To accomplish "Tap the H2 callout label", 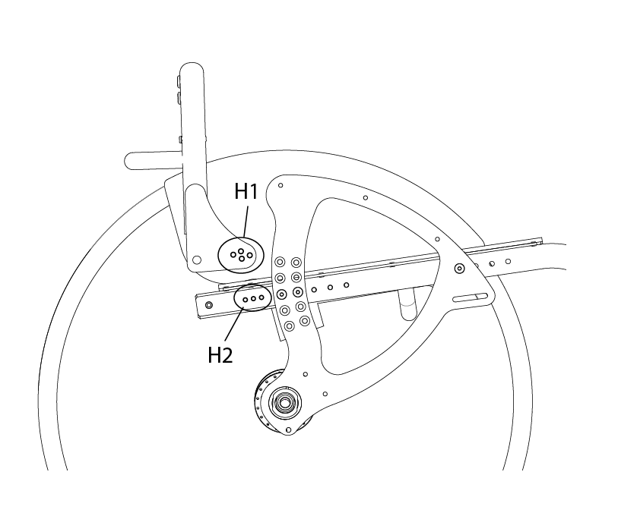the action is (x=220, y=355).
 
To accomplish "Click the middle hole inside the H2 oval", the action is (x=253, y=298).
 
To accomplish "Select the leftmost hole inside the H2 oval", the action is (x=246, y=300).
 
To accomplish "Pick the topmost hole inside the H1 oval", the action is (x=241, y=251).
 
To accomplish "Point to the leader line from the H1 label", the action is (x=246, y=222).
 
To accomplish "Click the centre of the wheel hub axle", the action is (x=284, y=402).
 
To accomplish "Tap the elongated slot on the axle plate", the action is (x=471, y=297).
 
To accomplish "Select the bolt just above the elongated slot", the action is (x=459, y=268).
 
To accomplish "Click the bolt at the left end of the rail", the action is (x=209, y=304).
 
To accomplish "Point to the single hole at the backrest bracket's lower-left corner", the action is (x=197, y=260).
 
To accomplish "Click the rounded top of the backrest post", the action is (x=192, y=68).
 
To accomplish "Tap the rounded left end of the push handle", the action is (x=130, y=161).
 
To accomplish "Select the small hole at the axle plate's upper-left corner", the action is (x=280, y=185).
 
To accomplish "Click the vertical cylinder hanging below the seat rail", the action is (x=407, y=304).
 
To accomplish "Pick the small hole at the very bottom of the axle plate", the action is (x=288, y=429).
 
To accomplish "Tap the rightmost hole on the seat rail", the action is (x=508, y=262).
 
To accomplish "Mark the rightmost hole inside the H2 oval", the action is (x=261, y=297).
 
